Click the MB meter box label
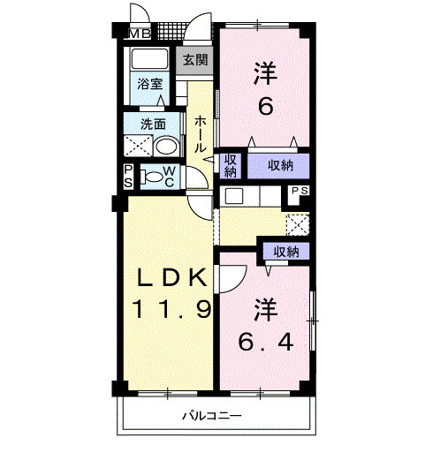click(140, 34)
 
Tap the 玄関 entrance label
click(195, 60)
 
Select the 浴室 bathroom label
click(150, 84)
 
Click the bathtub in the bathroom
click(149, 58)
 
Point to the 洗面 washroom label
click(153, 125)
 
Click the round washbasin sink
click(166, 147)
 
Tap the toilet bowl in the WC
click(153, 177)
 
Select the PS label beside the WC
click(128, 177)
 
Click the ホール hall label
click(201, 135)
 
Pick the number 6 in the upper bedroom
click(265, 107)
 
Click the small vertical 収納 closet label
click(231, 166)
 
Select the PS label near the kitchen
click(300, 191)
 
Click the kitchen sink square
click(234, 196)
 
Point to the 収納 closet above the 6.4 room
click(286, 252)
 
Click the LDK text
click(171, 277)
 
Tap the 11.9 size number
click(171, 309)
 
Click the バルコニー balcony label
click(212, 416)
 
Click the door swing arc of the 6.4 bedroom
click(239, 283)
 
